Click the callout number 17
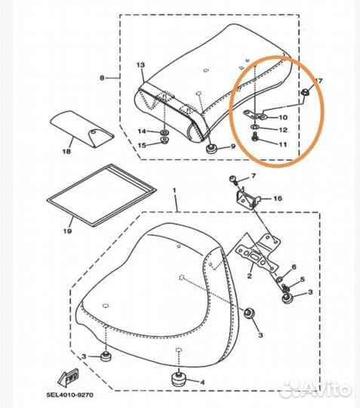coord(318,81)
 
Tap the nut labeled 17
coord(305,91)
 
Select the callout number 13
coord(140,65)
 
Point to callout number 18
coord(66,151)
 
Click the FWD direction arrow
coord(68,377)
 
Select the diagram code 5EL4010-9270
coord(70,395)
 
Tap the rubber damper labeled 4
coord(178,381)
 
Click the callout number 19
coord(67,230)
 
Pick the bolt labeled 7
coord(233,180)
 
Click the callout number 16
coord(278,199)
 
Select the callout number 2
coord(250,276)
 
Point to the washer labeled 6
coord(279,280)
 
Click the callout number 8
coord(102,78)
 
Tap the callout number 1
coord(174,190)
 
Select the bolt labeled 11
coord(255,137)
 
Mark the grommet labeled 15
coord(164,141)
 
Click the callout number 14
coord(142,131)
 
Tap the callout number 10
coord(283,117)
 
